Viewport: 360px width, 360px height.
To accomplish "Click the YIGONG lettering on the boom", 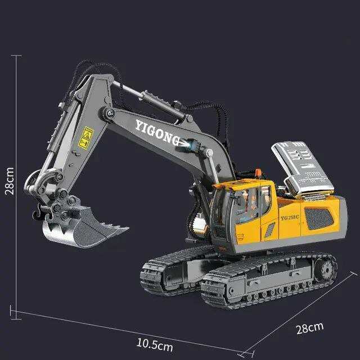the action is tap(157, 133).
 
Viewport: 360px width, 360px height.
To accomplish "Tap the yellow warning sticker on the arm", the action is tap(86, 138).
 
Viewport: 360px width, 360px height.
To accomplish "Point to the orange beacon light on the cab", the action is tap(258, 173).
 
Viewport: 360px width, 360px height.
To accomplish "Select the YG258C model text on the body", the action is tap(290, 218).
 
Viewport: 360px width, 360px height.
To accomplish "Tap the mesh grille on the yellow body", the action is tap(319, 219).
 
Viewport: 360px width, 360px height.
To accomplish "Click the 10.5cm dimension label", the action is tap(155, 345).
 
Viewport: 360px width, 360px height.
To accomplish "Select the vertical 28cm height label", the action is tap(10, 181).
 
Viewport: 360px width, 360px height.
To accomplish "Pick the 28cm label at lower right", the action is tap(310, 328).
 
